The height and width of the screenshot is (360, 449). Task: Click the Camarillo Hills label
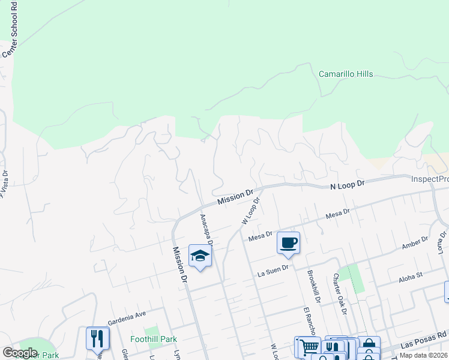click(345, 74)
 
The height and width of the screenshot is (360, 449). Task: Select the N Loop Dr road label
click(348, 185)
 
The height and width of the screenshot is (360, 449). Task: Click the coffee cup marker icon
click(289, 242)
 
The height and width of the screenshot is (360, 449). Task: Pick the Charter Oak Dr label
click(340, 294)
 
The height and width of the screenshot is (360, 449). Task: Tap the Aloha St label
click(411, 276)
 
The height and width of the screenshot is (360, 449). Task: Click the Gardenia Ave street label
click(127, 314)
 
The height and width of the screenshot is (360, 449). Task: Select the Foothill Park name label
click(154, 339)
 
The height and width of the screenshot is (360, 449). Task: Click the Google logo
click(20, 353)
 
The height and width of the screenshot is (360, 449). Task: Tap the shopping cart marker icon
click(309, 346)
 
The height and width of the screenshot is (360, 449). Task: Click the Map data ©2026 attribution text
click(423, 355)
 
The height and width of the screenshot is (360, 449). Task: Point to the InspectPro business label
click(430, 179)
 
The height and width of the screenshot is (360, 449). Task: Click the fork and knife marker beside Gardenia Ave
click(97, 338)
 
